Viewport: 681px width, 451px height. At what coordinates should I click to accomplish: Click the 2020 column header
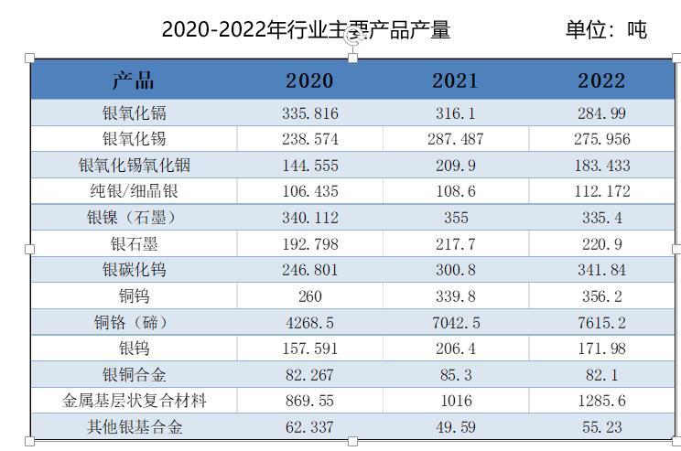point(309,81)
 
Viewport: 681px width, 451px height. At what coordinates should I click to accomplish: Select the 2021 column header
point(455,81)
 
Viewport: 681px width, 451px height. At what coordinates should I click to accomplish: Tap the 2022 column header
point(600,81)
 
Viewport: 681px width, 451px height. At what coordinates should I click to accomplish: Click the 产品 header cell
point(134,81)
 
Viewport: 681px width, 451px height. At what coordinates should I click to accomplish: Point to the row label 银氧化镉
point(134,113)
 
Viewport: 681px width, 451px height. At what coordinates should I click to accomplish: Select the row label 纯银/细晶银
point(134,191)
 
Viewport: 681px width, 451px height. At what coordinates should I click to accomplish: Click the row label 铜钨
point(134,295)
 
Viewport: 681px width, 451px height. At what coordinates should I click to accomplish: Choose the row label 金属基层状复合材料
point(134,401)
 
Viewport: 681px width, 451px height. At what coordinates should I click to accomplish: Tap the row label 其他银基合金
point(134,427)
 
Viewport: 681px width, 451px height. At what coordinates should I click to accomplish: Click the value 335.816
point(309,113)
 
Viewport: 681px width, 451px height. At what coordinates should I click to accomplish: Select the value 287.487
point(455,140)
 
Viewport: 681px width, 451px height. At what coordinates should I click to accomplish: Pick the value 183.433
point(600,166)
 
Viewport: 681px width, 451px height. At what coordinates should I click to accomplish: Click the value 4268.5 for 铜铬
point(309,322)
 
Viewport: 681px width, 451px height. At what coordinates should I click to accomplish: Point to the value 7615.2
point(600,322)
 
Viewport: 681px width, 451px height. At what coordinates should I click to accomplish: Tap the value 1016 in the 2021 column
point(455,401)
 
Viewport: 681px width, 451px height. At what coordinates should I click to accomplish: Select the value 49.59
point(455,427)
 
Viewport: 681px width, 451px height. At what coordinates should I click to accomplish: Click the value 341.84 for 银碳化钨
point(600,270)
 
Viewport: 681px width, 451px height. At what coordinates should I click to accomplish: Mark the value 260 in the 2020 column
point(309,295)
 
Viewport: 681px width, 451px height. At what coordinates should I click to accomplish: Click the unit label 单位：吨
point(606,30)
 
